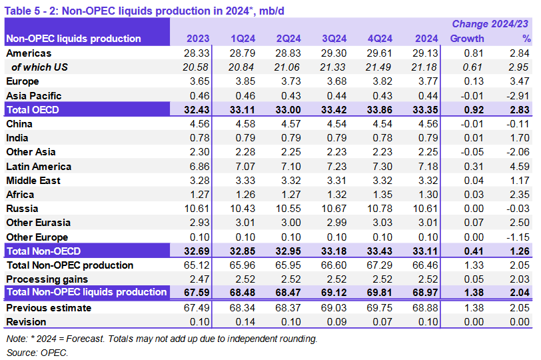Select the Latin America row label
39,167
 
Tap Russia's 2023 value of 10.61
197,209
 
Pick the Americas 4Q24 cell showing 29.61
380,53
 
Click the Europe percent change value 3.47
520,81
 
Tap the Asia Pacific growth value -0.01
471,95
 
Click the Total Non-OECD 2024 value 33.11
424,251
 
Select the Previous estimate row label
48,308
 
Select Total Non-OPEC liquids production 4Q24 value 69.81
380,293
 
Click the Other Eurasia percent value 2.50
520,223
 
